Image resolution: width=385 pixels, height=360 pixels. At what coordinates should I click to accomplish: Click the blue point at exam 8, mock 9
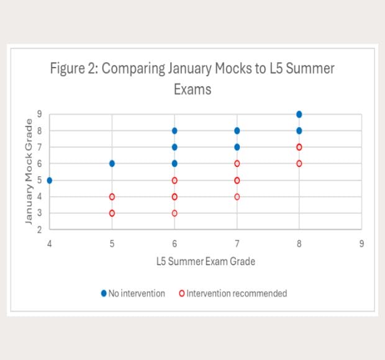(x=299, y=114)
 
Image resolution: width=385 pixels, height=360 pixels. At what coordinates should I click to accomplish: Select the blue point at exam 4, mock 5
(x=49, y=181)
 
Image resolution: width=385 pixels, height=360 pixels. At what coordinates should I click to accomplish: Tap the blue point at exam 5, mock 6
(x=112, y=164)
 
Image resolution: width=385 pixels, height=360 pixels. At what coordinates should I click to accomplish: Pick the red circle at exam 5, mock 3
(x=112, y=214)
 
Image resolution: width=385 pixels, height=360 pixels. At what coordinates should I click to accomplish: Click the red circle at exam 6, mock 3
(x=174, y=214)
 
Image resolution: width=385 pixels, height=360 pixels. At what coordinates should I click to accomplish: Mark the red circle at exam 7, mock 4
(x=237, y=197)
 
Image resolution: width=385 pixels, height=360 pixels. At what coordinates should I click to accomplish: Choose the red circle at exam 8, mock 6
(x=299, y=164)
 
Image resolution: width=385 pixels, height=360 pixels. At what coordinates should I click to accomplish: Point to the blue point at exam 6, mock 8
(x=174, y=131)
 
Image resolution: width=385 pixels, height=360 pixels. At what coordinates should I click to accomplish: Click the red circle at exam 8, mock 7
(x=299, y=147)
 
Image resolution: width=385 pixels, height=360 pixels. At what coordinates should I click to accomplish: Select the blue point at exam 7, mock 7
(x=237, y=147)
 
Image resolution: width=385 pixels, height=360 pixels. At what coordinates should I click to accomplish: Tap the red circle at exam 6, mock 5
(x=174, y=181)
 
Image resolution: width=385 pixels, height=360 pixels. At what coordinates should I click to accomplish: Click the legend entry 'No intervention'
(x=133, y=294)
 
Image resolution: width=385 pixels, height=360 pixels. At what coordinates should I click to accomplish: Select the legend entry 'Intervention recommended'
(x=233, y=294)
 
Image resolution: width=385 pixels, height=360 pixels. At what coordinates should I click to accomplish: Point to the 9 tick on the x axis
(x=361, y=244)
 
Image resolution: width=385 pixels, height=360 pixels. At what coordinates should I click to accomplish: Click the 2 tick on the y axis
(x=39, y=230)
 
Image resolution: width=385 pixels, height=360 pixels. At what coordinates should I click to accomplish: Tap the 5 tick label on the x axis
(x=112, y=244)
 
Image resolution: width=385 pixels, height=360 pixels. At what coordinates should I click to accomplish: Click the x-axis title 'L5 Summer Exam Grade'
(x=206, y=261)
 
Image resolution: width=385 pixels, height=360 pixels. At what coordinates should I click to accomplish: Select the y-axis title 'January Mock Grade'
(x=29, y=171)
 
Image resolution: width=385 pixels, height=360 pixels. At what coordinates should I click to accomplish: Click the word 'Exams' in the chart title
(x=192, y=89)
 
